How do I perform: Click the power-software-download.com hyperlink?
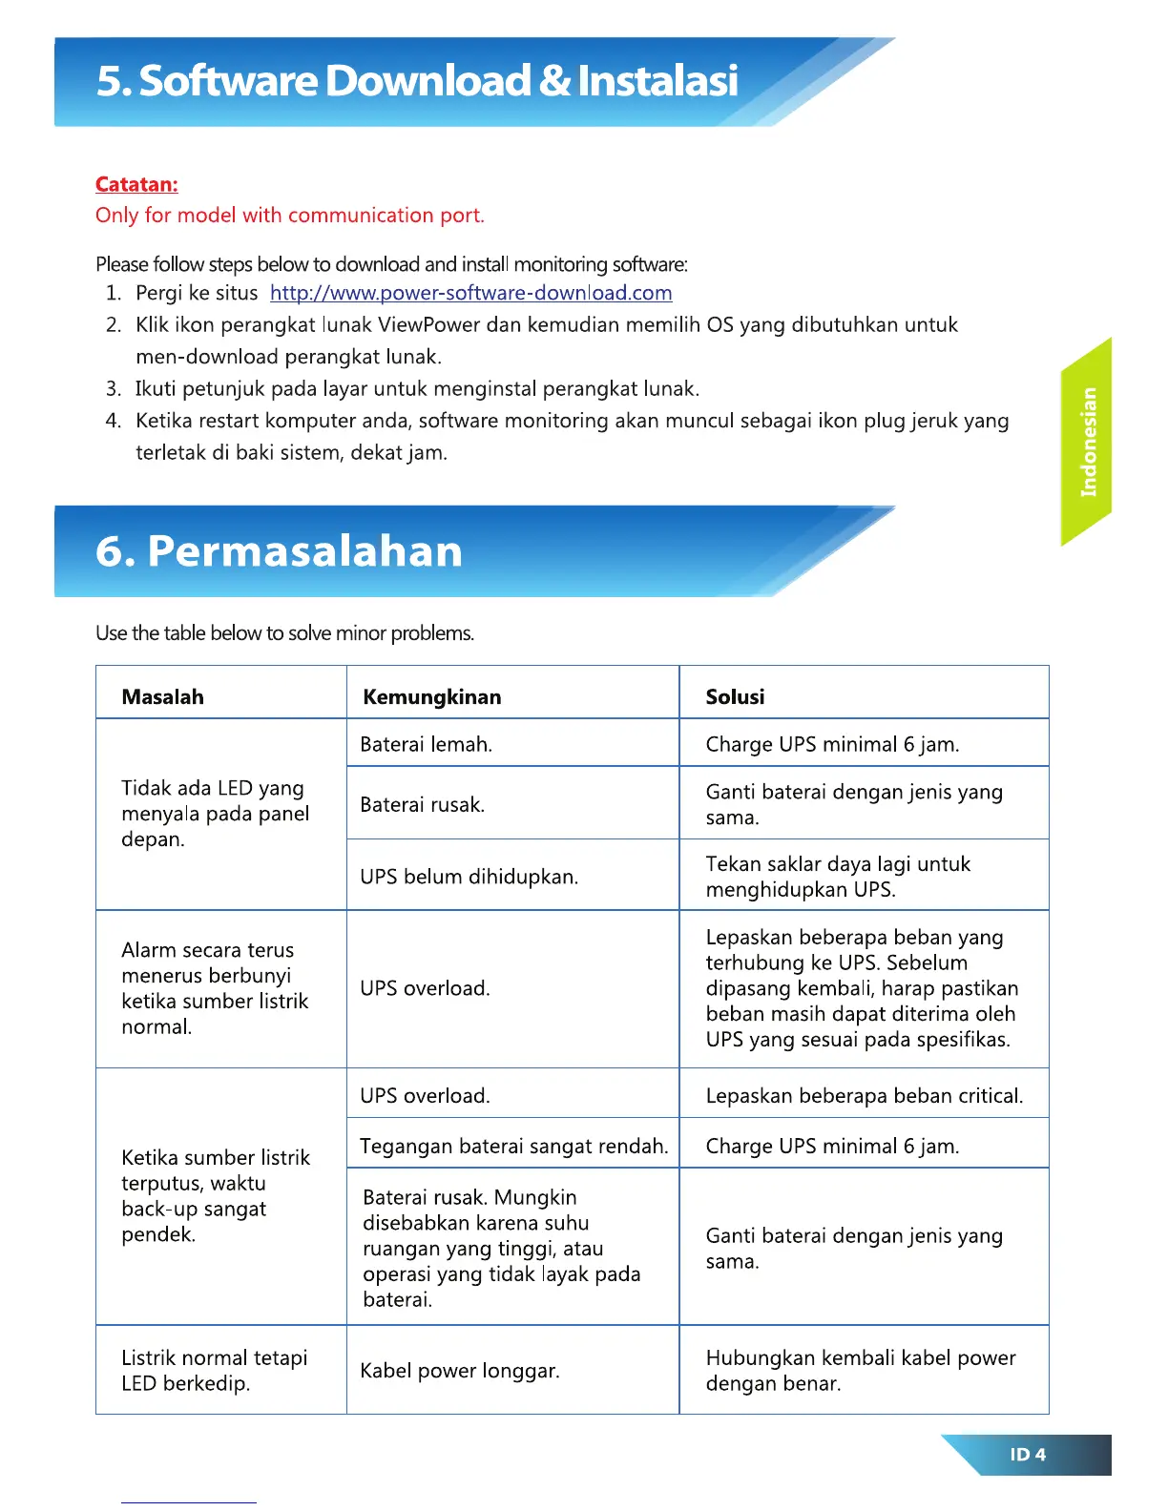(470, 293)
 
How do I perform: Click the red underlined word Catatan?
(136, 185)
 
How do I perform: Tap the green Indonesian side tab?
(1088, 442)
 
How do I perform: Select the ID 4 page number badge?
(1028, 1455)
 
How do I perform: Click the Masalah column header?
(162, 697)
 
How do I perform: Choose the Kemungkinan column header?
(431, 697)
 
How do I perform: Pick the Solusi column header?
(735, 697)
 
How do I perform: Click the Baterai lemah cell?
(426, 745)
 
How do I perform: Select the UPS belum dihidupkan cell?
(469, 877)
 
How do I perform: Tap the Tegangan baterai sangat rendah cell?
(513, 1147)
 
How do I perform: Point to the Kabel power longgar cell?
(460, 1371)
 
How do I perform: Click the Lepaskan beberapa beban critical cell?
(864, 1096)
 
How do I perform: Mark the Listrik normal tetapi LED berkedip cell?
(214, 1371)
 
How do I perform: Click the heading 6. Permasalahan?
(279, 551)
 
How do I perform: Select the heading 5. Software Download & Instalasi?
(417, 81)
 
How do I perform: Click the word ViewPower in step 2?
(428, 325)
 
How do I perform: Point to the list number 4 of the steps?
(114, 421)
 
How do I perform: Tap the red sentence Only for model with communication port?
(289, 216)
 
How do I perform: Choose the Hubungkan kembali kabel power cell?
(860, 1371)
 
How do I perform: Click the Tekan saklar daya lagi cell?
(837, 877)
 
